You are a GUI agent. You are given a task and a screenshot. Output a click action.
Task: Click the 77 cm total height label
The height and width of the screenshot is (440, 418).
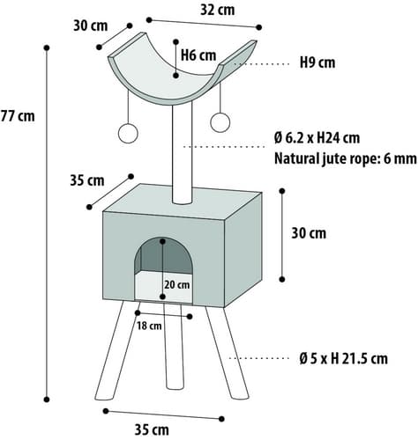(18, 116)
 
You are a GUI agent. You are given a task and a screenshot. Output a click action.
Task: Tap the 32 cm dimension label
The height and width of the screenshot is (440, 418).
(218, 10)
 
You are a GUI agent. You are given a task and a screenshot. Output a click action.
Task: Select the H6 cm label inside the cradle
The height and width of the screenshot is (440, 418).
(198, 55)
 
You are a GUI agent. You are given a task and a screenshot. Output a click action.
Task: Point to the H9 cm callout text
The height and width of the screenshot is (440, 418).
(317, 62)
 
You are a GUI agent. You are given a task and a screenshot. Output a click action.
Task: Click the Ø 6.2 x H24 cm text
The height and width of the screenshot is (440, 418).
(317, 138)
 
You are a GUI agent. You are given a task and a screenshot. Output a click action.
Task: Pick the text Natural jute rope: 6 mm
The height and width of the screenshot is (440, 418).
(346, 158)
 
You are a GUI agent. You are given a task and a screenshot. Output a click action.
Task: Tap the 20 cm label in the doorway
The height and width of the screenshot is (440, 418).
(177, 285)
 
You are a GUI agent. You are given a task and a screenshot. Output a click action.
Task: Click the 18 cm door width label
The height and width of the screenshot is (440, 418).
(149, 326)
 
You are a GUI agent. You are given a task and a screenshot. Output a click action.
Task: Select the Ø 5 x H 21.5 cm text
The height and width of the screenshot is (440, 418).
(343, 358)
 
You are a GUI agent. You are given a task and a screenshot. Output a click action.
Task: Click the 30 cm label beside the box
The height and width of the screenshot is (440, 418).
(309, 233)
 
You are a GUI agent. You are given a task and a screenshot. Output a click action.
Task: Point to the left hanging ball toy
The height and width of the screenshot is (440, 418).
(128, 133)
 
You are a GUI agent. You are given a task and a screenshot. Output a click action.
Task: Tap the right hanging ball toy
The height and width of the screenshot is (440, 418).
(220, 122)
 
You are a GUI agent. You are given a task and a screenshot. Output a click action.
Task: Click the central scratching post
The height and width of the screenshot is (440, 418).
(183, 154)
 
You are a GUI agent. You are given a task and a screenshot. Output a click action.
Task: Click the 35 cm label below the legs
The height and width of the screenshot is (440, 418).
(152, 430)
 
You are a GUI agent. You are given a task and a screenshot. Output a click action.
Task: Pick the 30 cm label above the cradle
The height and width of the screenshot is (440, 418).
(91, 26)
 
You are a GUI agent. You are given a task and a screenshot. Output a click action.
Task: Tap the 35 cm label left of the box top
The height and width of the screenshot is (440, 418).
(87, 180)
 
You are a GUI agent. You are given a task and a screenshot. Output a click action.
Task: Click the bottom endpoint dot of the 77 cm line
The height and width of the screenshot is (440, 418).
(47, 400)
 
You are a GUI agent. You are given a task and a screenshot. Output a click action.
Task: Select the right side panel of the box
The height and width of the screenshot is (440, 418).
(243, 250)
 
